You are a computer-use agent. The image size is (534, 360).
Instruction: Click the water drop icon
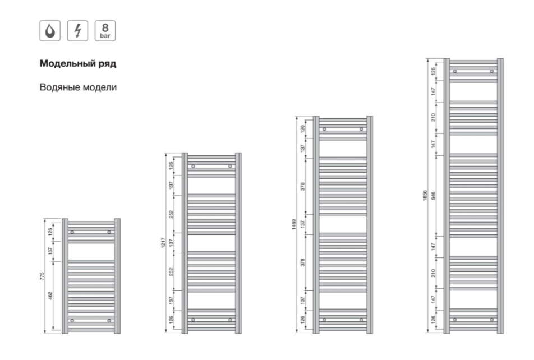[50, 31]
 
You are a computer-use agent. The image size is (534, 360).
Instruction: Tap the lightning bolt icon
[77, 31]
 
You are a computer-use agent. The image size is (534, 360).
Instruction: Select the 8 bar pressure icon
[105, 31]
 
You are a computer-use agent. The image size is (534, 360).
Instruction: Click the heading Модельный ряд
[78, 64]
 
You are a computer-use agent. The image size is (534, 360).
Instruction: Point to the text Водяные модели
[78, 87]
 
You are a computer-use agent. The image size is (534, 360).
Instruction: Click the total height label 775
[42, 276]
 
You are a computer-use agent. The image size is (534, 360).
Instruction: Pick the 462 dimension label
[50, 296]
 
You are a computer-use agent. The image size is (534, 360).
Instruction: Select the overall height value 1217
[163, 243]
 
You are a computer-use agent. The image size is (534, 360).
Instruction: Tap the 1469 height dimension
[294, 224]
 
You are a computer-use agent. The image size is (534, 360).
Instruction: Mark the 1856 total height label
[425, 196]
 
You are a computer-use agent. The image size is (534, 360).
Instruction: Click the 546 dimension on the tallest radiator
[433, 196]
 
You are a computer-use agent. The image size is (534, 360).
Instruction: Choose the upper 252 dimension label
[171, 214]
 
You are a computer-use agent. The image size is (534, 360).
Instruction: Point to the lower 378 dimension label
[302, 262]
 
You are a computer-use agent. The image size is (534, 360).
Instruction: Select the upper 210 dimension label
[433, 118]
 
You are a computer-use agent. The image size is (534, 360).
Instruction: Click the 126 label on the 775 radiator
[50, 232]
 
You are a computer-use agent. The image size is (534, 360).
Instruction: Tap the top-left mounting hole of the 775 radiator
[72, 232]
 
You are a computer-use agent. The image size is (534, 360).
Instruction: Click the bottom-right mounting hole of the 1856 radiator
[492, 320]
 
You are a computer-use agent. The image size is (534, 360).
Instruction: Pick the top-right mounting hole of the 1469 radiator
[361, 129]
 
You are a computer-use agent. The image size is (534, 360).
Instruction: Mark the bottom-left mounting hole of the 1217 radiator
[193, 320]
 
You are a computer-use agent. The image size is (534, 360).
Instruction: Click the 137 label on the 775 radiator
[50, 251]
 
